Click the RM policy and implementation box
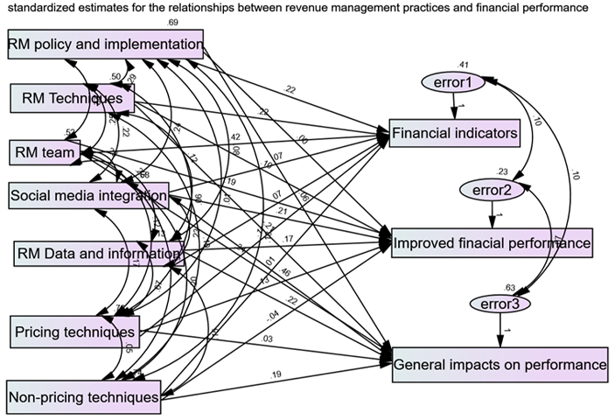point(106,44)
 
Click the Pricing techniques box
point(74,332)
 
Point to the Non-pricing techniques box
point(84,397)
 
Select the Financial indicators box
point(455,133)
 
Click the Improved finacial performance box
point(493,241)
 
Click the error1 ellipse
point(453,83)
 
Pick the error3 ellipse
point(500,304)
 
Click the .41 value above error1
point(464,65)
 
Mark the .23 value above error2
point(501,172)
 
